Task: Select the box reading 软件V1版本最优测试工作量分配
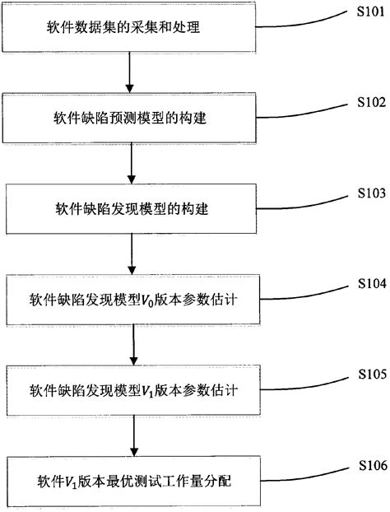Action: (x=131, y=480)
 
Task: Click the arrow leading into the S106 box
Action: (x=131, y=435)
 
